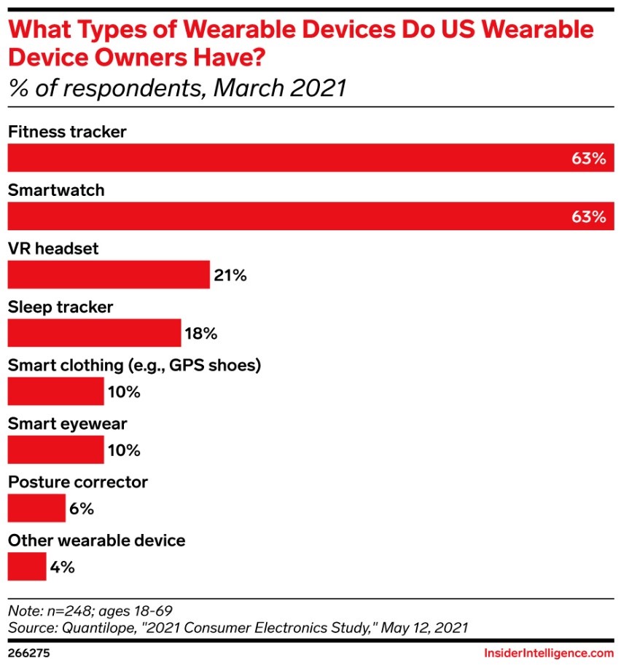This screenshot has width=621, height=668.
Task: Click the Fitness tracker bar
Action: pyautogui.click(x=310, y=158)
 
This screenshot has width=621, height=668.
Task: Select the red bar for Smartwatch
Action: pyautogui.click(x=310, y=216)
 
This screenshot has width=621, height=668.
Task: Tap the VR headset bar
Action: pyautogui.click(x=109, y=275)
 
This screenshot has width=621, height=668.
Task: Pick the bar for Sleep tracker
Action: pyautogui.click(x=94, y=333)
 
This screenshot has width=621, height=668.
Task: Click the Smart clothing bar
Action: pyautogui.click(x=55, y=391)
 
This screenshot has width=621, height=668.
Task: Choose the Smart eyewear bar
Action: pyautogui.click(x=55, y=450)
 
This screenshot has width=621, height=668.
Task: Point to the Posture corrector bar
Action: pyautogui.click(x=36, y=508)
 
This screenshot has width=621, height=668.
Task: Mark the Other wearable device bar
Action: pyautogui.click(x=27, y=567)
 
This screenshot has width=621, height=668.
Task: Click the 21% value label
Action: pyautogui.click(x=231, y=275)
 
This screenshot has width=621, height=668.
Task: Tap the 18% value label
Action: pyautogui.click(x=201, y=334)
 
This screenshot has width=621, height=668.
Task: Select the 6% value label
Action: pyautogui.click(x=82, y=508)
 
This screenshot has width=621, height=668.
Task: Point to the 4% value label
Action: pyautogui.click(x=63, y=567)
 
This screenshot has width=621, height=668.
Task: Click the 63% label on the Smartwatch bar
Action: pyautogui.click(x=588, y=217)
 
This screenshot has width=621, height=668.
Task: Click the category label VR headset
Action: pyautogui.click(x=52, y=249)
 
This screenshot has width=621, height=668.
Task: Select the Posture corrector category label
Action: pyautogui.click(x=77, y=482)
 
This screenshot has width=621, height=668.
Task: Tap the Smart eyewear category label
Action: pyautogui.click(x=67, y=424)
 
